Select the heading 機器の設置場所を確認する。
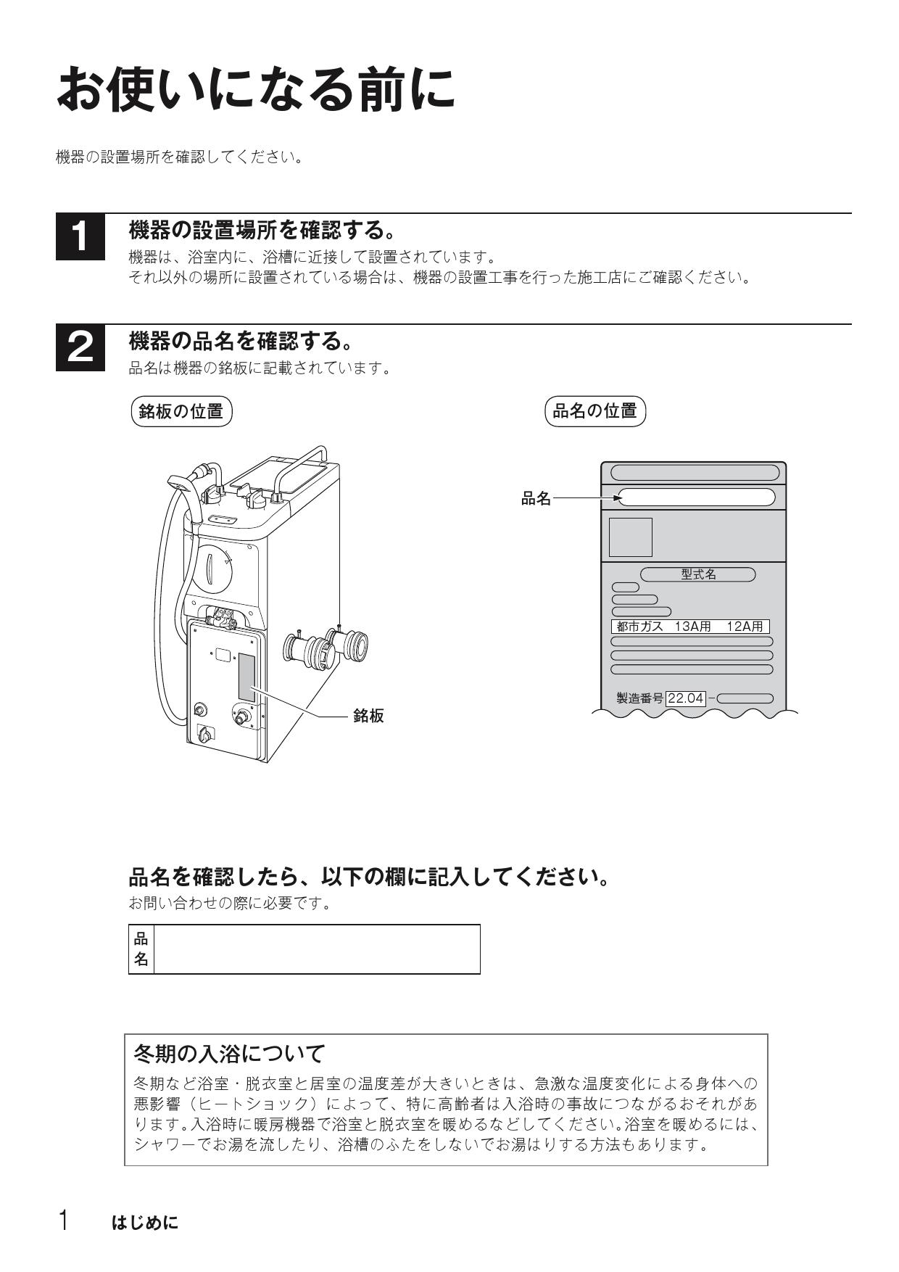tap(262, 231)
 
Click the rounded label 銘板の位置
tap(181, 411)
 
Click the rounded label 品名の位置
tap(594, 411)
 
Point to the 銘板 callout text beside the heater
tap(368, 716)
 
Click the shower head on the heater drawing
tap(181, 482)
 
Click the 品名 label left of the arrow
tap(536, 498)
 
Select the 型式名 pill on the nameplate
tap(698, 574)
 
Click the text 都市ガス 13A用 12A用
tap(689, 627)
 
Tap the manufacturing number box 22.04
tap(685, 698)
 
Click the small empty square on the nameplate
tap(630, 537)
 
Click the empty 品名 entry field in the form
tap(316, 949)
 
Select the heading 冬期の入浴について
tap(230, 1053)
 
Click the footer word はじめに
tap(144, 1223)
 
